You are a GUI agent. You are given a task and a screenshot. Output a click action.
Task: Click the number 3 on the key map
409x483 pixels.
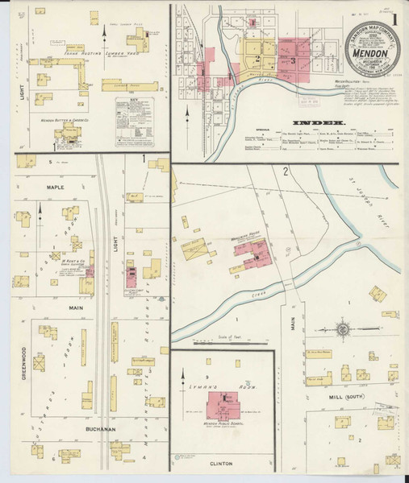pos(294,61)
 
